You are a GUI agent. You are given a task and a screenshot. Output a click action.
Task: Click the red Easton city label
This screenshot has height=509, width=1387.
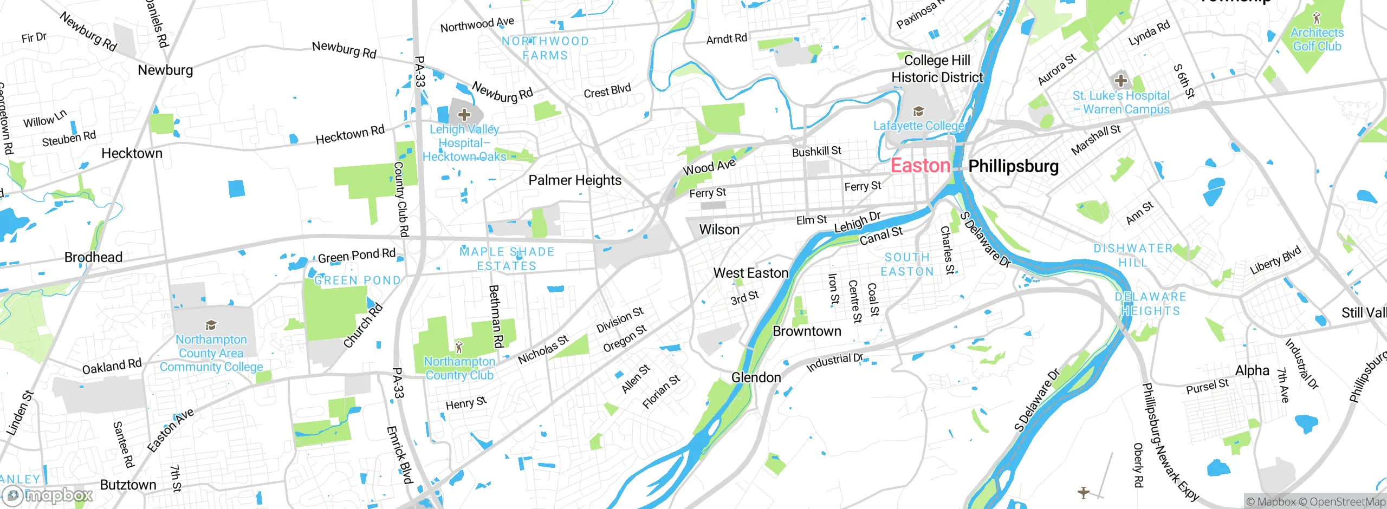click(x=920, y=166)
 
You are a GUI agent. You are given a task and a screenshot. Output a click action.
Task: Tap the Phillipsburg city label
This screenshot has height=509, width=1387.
click(x=1013, y=166)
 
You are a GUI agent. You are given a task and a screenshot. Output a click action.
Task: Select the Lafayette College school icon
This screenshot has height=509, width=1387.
click(x=918, y=112)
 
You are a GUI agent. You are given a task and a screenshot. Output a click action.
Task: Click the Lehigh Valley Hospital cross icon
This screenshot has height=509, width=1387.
click(x=464, y=114)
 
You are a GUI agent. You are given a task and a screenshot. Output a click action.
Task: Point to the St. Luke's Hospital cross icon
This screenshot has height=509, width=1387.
click(x=1120, y=81)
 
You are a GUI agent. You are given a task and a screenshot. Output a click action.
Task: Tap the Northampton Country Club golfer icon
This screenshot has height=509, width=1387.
click(x=459, y=347)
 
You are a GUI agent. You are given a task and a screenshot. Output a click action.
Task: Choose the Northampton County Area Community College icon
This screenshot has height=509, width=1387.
click(x=211, y=325)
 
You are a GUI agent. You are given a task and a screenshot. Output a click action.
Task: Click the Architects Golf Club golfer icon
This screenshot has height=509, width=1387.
click(x=1317, y=18)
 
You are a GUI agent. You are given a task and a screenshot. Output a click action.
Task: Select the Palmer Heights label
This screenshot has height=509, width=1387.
click(x=575, y=180)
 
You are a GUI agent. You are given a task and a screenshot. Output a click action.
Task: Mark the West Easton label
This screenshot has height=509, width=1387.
click(x=750, y=273)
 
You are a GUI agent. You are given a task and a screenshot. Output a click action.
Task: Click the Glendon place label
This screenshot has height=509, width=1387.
click(x=756, y=377)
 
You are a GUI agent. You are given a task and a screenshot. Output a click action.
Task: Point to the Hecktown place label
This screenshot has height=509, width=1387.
click(x=132, y=153)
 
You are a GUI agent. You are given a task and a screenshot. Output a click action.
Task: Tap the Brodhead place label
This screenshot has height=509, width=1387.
click(x=93, y=257)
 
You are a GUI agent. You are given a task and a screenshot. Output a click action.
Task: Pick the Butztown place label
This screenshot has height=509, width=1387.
click(x=128, y=485)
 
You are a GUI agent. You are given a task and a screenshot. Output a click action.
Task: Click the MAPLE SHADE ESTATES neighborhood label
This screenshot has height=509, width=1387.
click(x=507, y=259)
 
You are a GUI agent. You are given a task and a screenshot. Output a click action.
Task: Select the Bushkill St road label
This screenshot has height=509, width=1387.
click(x=816, y=151)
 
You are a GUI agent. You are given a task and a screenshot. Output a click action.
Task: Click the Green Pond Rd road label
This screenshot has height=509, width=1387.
click(x=357, y=256)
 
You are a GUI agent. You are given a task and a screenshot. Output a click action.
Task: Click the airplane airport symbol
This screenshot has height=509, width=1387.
click(x=1083, y=493)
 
